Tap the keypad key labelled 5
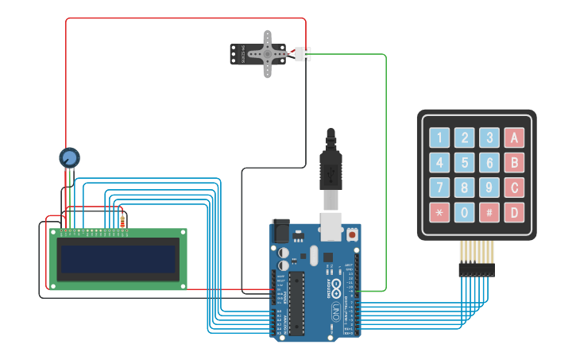[x=464, y=163]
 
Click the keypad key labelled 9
[x=489, y=188]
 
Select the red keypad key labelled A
[x=514, y=137]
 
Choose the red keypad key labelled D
[x=514, y=213]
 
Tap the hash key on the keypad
[x=489, y=213]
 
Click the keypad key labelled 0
[x=464, y=213]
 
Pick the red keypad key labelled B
[x=514, y=163]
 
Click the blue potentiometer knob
[x=70, y=157]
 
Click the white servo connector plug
[x=303, y=55]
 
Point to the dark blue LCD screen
[x=118, y=258]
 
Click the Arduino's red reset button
[x=351, y=235]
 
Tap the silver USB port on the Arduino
[x=331, y=226]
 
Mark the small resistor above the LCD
[x=122, y=222]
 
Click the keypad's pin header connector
[x=476, y=269]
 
